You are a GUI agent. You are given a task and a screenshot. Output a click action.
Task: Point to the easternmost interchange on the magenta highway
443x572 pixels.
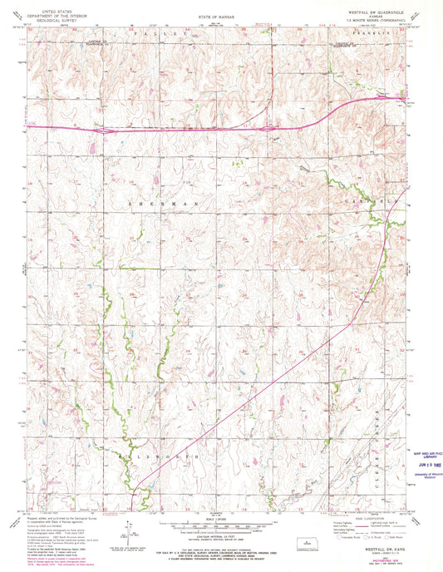pos(381,97)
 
